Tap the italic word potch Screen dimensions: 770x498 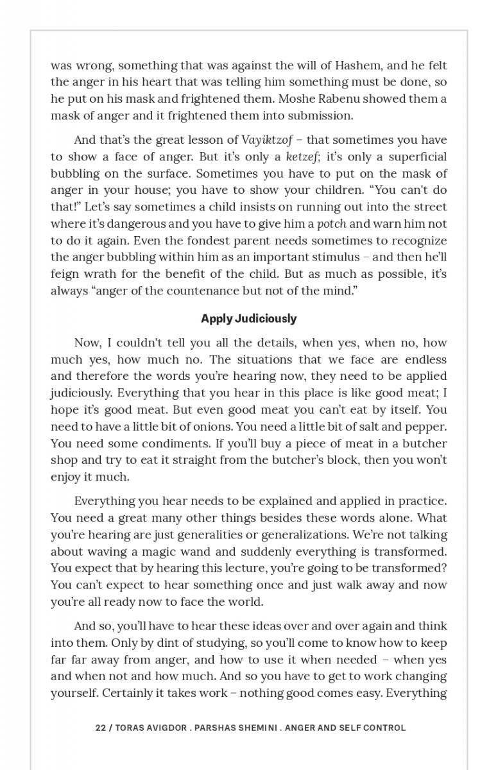click(x=332, y=224)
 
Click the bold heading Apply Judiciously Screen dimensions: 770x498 click(x=249, y=319)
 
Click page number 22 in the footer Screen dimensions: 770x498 click(x=100, y=728)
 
